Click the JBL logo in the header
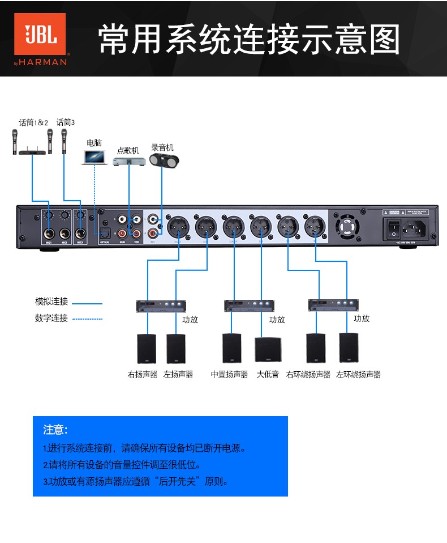pyautogui.click(x=40, y=39)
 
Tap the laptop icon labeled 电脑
pyautogui.click(x=94, y=157)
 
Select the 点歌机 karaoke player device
pyautogui.click(x=130, y=162)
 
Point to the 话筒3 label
pyautogui.click(x=66, y=122)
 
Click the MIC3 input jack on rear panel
pyautogui.click(x=80, y=233)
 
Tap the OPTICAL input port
pyautogui.click(x=105, y=233)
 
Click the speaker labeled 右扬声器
pyautogui.click(x=146, y=349)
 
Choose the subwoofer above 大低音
pyautogui.click(x=267, y=350)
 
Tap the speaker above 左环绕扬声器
pyautogui.click(x=349, y=347)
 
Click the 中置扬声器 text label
pyautogui.click(x=230, y=375)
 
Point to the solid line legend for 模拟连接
pyautogui.click(x=88, y=304)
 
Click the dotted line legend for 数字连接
pyautogui.click(x=88, y=319)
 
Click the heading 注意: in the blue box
pyautogui.click(x=55, y=430)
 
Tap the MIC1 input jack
pyautogui.click(x=49, y=233)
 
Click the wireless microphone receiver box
pyautogui.click(x=32, y=151)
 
